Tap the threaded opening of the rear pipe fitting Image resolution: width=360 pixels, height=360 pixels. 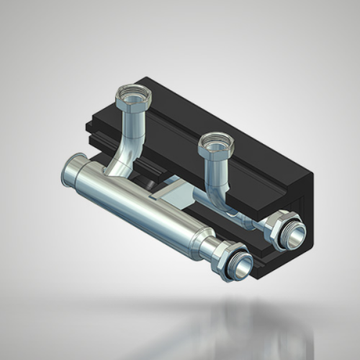(x=293, y=235)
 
